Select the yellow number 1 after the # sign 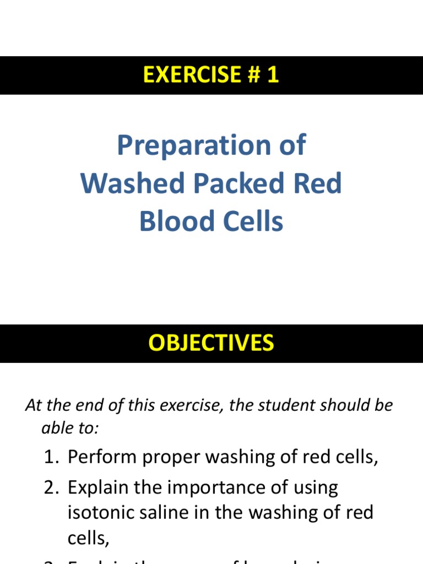(272, 75)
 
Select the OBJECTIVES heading (211, 343)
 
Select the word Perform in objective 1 (101, 457)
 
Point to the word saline (171, 513)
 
